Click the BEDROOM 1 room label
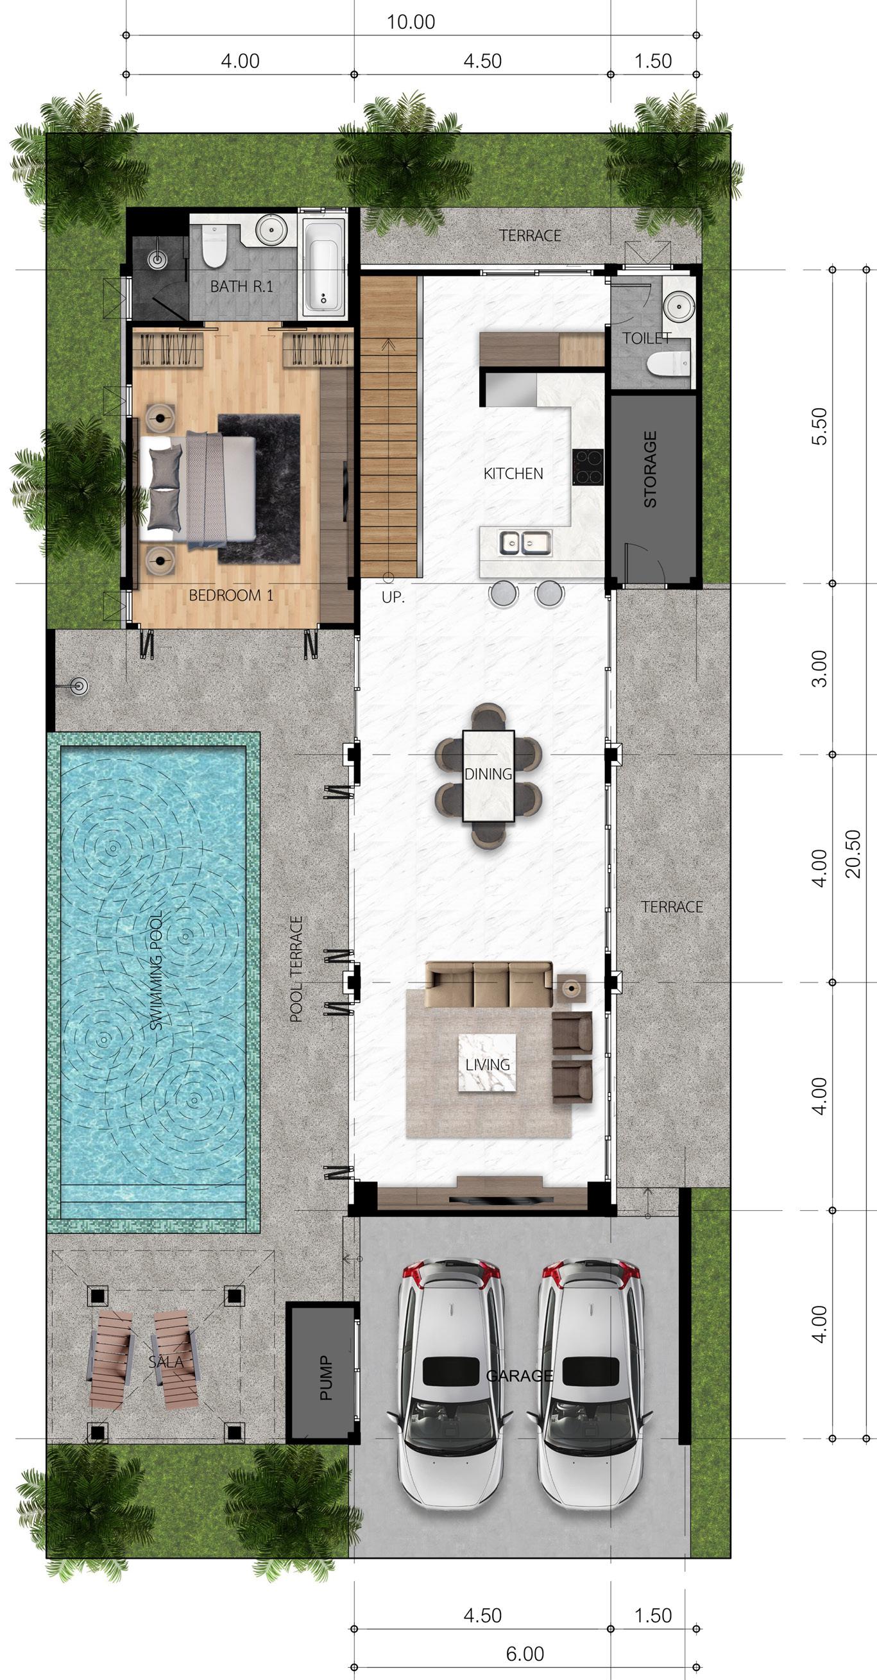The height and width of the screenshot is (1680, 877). click(x=231, y=595)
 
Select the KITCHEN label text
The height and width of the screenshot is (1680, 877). click(x=513, y=474)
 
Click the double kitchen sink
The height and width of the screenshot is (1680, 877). click(x=525, y=543)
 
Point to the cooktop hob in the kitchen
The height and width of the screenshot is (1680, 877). click(x=589, y=468)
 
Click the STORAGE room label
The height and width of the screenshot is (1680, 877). click(x=650, y=469)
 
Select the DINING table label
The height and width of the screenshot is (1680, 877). click(x=488, y=774)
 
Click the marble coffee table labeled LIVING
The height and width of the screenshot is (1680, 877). click(x=488, y=1065)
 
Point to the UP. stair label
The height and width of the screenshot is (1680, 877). click(x=393, y=597)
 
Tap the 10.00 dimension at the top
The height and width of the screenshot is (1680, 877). click(x=411, y=22)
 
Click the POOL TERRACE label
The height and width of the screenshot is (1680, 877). click(x=296, y=968)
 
